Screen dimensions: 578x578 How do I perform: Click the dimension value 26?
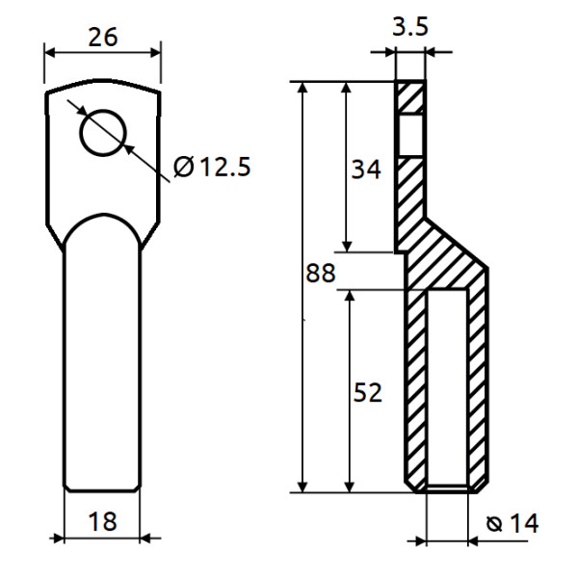click(x=102, y=38)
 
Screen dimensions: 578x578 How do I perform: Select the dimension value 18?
click(x=102, y=522)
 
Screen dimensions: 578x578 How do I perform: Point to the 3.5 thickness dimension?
click(x=410, y=27)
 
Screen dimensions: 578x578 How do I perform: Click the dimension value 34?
click(x=365, y=170)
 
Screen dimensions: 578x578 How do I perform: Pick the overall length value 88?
click(x=320, y=274)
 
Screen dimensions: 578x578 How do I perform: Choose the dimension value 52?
click(x=366, y=392)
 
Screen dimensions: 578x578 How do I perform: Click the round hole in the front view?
click(x=104, y=131)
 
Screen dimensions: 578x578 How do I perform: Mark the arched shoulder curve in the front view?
click(x=102, y=216)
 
